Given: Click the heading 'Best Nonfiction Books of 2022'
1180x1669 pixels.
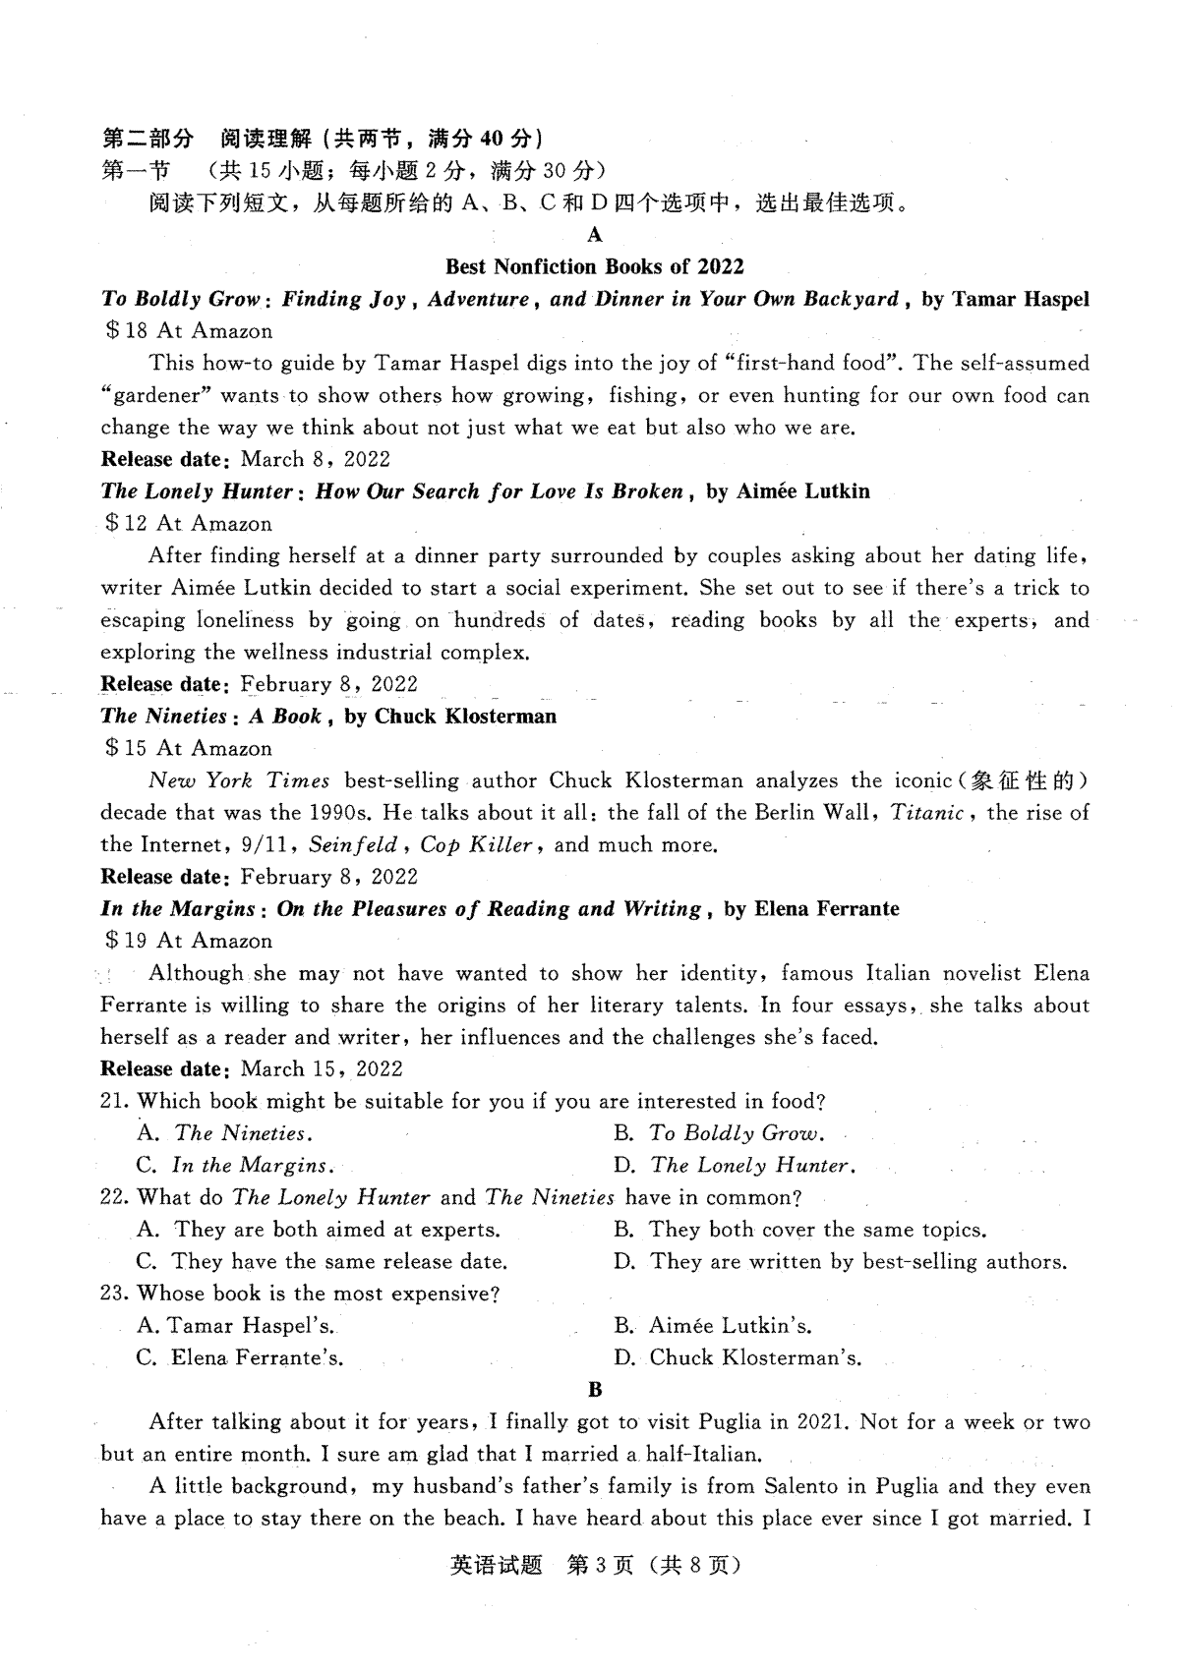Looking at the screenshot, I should [x=594, y=266].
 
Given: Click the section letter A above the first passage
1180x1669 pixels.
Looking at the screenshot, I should [x=594, y=235].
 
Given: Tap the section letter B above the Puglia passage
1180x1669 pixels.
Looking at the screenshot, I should [x=594, y=1389].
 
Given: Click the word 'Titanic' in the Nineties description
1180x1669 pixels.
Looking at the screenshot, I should [x=927, y=813].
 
